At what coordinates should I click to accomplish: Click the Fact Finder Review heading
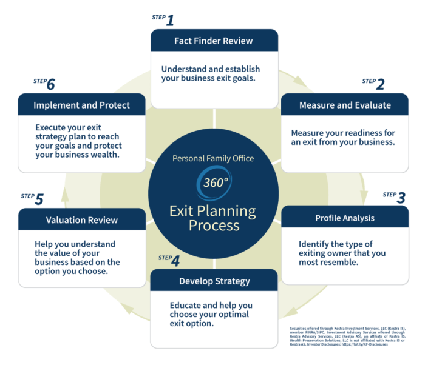[x=213, y=41]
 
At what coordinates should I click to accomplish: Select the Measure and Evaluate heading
[x=345, y=105]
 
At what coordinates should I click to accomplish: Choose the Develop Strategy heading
[x=214, y=281]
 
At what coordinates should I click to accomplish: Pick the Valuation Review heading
[x=81, y=220]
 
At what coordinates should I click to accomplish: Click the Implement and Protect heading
[x=81, y=105]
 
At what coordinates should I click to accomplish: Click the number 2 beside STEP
[x=381, y=84]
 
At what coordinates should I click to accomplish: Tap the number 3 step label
[x=401, y=198]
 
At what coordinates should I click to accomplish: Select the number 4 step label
[x=175, y=261]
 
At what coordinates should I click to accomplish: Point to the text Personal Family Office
[x=213, y=159]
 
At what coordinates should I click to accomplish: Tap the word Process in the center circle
[x=214, y=226]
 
